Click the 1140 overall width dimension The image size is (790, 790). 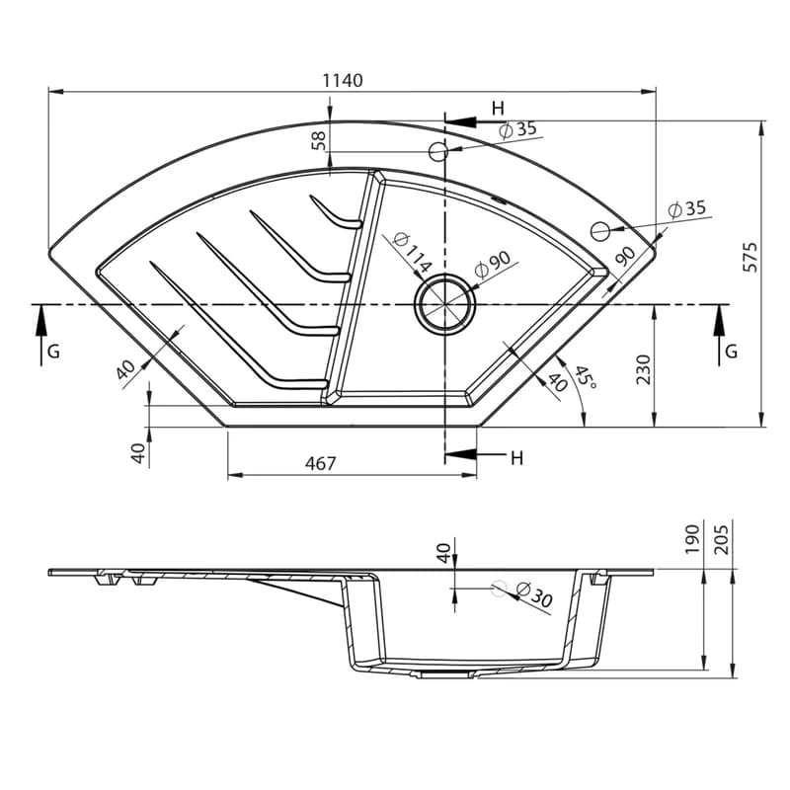343,80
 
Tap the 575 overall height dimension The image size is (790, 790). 750,257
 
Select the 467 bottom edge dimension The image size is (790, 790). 320,463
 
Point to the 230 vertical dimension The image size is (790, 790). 643,369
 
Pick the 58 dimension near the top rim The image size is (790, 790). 318,140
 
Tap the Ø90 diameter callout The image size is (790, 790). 492,264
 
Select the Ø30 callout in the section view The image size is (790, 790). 535,594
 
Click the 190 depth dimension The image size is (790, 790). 693,539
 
